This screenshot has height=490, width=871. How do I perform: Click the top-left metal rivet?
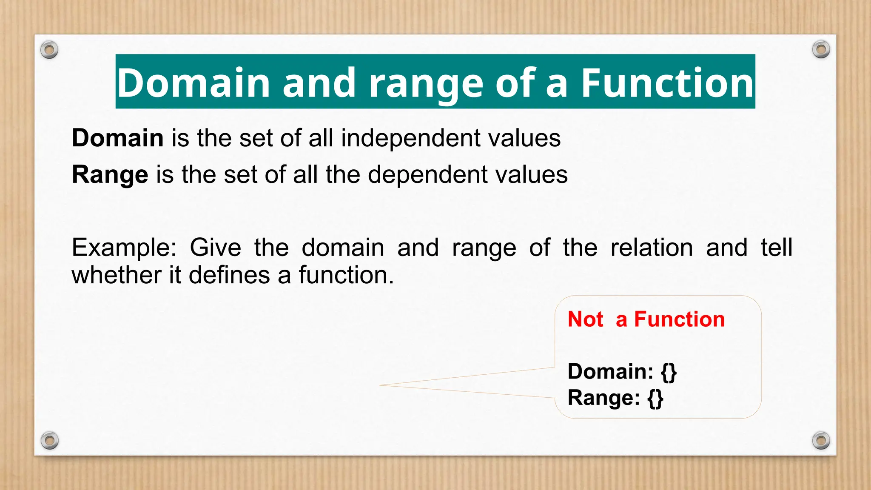coord(49,50)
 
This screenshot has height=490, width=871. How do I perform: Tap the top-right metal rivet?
coord(821,49)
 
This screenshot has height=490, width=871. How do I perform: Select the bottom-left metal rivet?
coord(50,440)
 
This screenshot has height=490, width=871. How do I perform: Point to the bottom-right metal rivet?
coord(821,440)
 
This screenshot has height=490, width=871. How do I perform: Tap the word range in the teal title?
coord(425,83)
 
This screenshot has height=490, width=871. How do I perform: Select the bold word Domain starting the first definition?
coord(118,138)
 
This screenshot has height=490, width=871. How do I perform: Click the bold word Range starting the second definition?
coord(110,174)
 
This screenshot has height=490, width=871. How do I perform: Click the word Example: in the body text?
coord(124,248)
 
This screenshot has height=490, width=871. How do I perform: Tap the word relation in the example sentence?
coord(652,248)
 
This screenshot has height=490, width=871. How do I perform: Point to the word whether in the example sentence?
coord(116,275)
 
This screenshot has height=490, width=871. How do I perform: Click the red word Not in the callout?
coord(585,319)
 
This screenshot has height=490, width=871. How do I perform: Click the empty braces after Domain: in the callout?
coord(669,372)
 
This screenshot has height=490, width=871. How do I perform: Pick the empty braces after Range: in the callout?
coord(655,398)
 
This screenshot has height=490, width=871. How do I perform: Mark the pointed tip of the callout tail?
coord(380,385)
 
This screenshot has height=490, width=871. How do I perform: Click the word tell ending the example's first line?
coord(776,248)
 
